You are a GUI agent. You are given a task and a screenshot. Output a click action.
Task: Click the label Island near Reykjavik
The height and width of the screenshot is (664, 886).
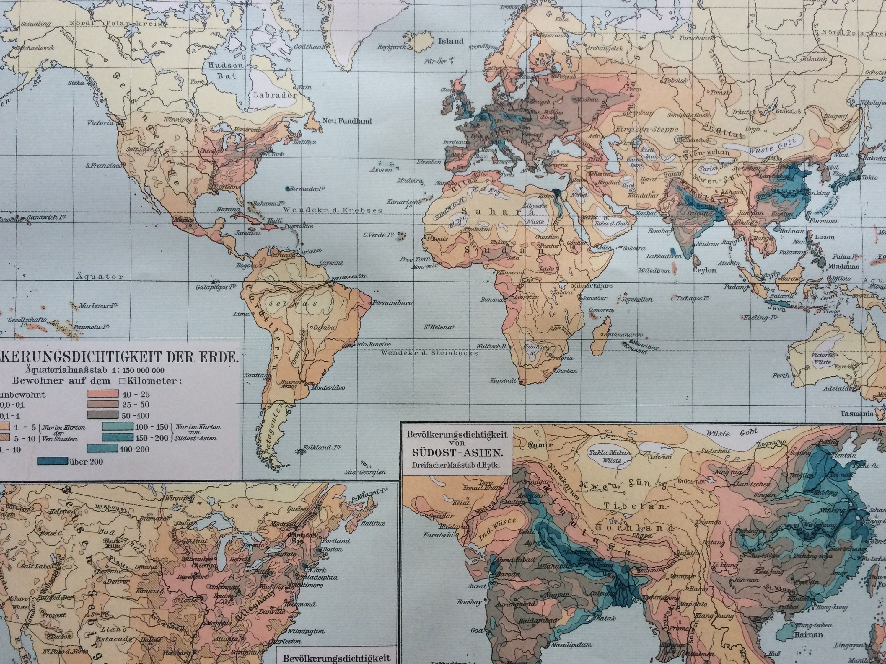pos(451,41)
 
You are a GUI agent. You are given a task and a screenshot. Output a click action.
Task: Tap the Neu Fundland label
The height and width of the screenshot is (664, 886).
pos(347,121)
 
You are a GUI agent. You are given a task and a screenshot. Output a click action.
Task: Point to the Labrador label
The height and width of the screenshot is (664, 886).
pos(275,95)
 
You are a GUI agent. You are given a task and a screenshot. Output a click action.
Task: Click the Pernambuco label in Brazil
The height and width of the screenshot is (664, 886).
pos(392,303)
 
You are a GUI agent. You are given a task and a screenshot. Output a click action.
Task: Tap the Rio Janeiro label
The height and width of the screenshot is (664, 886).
pos(374,344)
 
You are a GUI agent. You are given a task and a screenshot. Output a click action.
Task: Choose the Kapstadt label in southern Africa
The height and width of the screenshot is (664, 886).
pos(503,381)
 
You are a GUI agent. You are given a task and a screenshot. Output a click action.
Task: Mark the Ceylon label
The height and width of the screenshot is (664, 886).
pos(705,270)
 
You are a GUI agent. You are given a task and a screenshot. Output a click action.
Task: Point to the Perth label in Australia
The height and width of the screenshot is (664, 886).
pos(781,375)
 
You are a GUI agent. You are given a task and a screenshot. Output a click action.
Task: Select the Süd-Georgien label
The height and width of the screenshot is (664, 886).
pos(365,472)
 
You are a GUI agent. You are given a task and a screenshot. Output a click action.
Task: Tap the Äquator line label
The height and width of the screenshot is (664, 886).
pos(100,277)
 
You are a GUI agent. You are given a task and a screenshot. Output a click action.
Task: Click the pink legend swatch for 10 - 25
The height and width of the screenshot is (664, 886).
pos(102,394)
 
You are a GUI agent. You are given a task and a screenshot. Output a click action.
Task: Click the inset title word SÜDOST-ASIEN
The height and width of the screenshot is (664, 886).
pos(457,454)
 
